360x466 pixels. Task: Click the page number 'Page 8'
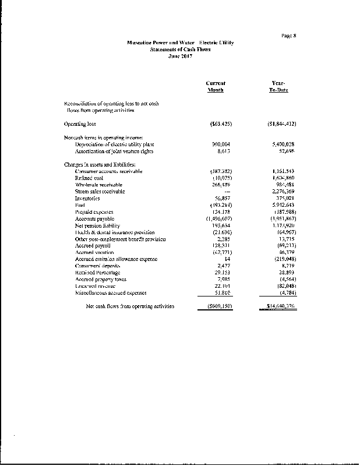(x=288, y=36)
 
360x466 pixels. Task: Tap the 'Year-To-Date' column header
(x=280, y=87)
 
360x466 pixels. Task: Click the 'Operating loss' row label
(x=80, y=123)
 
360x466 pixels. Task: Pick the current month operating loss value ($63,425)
(x=220, y=123)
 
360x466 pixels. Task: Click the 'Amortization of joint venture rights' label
(x=114, y=151)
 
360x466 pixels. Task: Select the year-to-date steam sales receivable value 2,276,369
(x=284, y=191)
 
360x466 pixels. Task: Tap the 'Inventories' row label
(x=87, y=198)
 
